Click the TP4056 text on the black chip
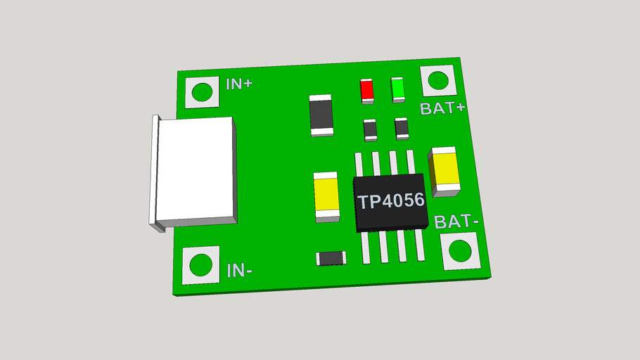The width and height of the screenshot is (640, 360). (391, 200)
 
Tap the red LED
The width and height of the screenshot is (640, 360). (367, 90)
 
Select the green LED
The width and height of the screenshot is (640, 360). (397, 89)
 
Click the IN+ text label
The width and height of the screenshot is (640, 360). (239, 84)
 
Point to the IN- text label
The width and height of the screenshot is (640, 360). (240, 269)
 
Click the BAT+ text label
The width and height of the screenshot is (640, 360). (442, 108)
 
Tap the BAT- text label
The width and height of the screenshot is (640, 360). (456, 222)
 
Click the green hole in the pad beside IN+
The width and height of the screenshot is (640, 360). (202, 92)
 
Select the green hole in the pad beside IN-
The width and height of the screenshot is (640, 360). (200, 264)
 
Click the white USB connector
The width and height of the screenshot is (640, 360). (196, 171)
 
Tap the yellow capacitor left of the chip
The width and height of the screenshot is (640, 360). (327, 196)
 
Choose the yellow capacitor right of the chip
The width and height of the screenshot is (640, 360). (446, 169)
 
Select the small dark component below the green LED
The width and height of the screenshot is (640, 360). (402, 127)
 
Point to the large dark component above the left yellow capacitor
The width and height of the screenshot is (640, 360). (321, 115)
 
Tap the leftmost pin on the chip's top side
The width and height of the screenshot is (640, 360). (359, 163)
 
